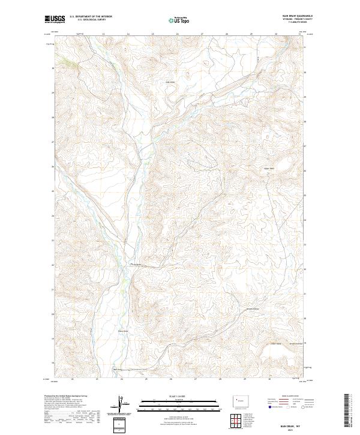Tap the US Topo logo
click(179, 20)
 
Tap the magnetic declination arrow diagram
click(119, 406)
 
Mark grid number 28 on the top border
click(227, 34)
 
